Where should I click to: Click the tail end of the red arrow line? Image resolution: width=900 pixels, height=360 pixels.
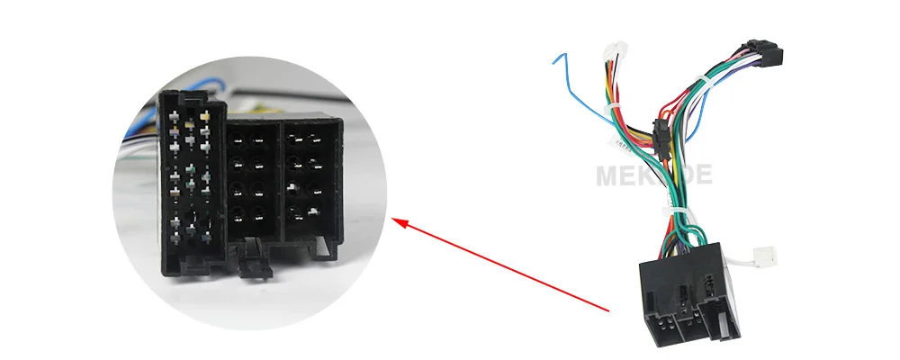(x=609, y=310)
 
